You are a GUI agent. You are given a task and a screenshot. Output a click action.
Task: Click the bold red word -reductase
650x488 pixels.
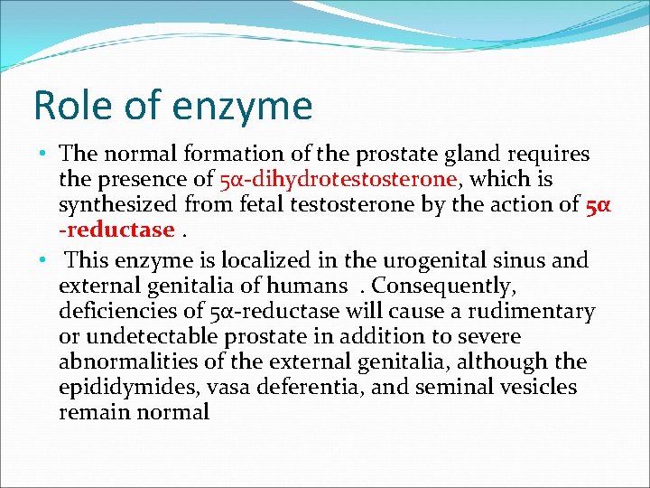(x=116, y=230)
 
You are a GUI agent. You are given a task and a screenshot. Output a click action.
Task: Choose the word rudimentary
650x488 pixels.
(x=534, y=312)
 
